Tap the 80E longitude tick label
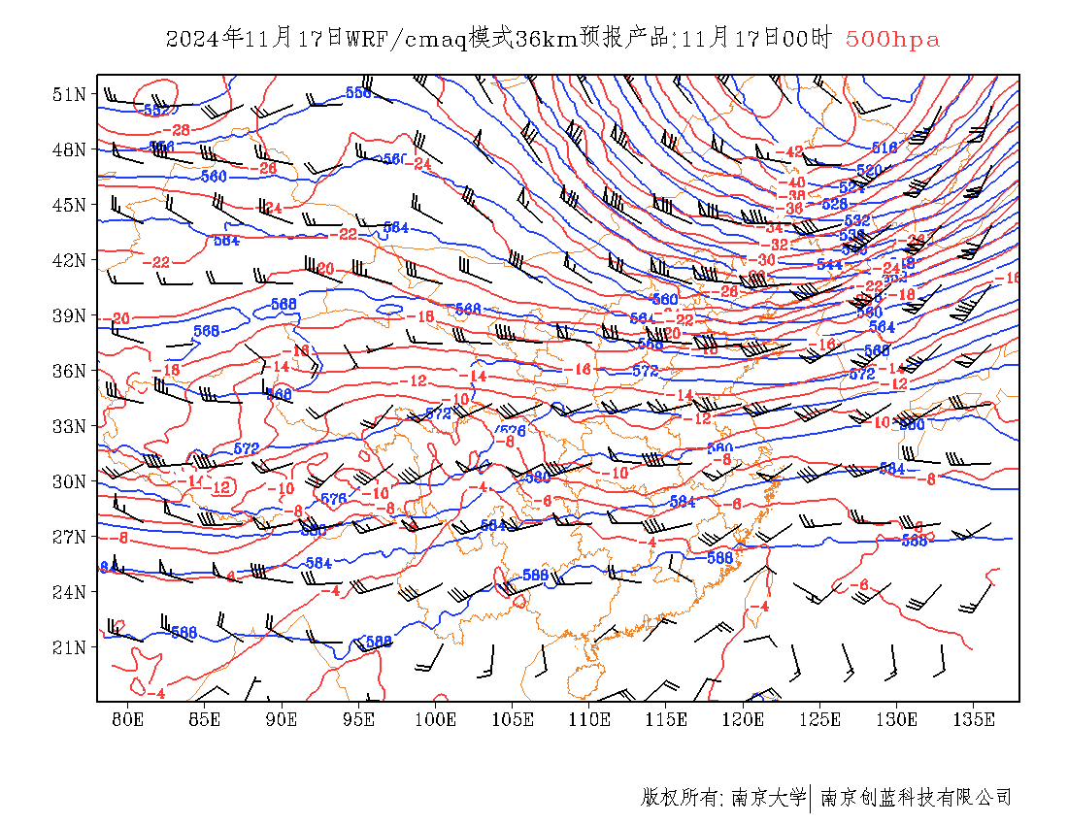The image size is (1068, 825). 128,719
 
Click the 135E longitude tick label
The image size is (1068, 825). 974,719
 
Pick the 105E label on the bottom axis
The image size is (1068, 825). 513,719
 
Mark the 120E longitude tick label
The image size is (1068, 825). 744,719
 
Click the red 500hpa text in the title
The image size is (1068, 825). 892,40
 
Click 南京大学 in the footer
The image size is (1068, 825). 767,798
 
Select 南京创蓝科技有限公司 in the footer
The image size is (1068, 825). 917,798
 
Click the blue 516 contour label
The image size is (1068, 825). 884,148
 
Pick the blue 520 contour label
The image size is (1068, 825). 868,170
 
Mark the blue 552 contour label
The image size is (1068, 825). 154,110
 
